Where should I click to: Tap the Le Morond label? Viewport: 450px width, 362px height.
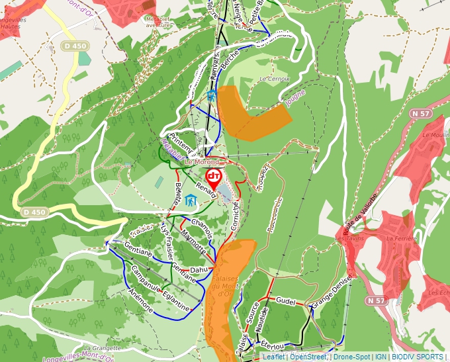tap(201, 161)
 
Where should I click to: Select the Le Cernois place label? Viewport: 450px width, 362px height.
tap(275, 79)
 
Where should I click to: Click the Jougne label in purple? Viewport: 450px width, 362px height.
tap(296, 98)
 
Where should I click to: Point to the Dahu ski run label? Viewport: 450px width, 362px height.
tap(199, 270)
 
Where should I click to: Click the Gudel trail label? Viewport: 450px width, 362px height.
tap(285, 300)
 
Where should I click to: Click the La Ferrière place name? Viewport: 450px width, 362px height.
tap(400, 238)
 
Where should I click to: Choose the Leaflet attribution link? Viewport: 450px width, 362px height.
tap(273, 357)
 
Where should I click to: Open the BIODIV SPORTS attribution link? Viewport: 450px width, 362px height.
tap(418, 357)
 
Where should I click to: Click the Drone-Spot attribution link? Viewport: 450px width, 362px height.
tap(351, 357)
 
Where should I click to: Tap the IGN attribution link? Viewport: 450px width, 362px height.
tap(381, 357)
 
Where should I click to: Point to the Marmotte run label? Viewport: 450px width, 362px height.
tap(193, 242)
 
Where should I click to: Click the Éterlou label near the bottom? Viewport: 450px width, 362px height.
tap(272, 345)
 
